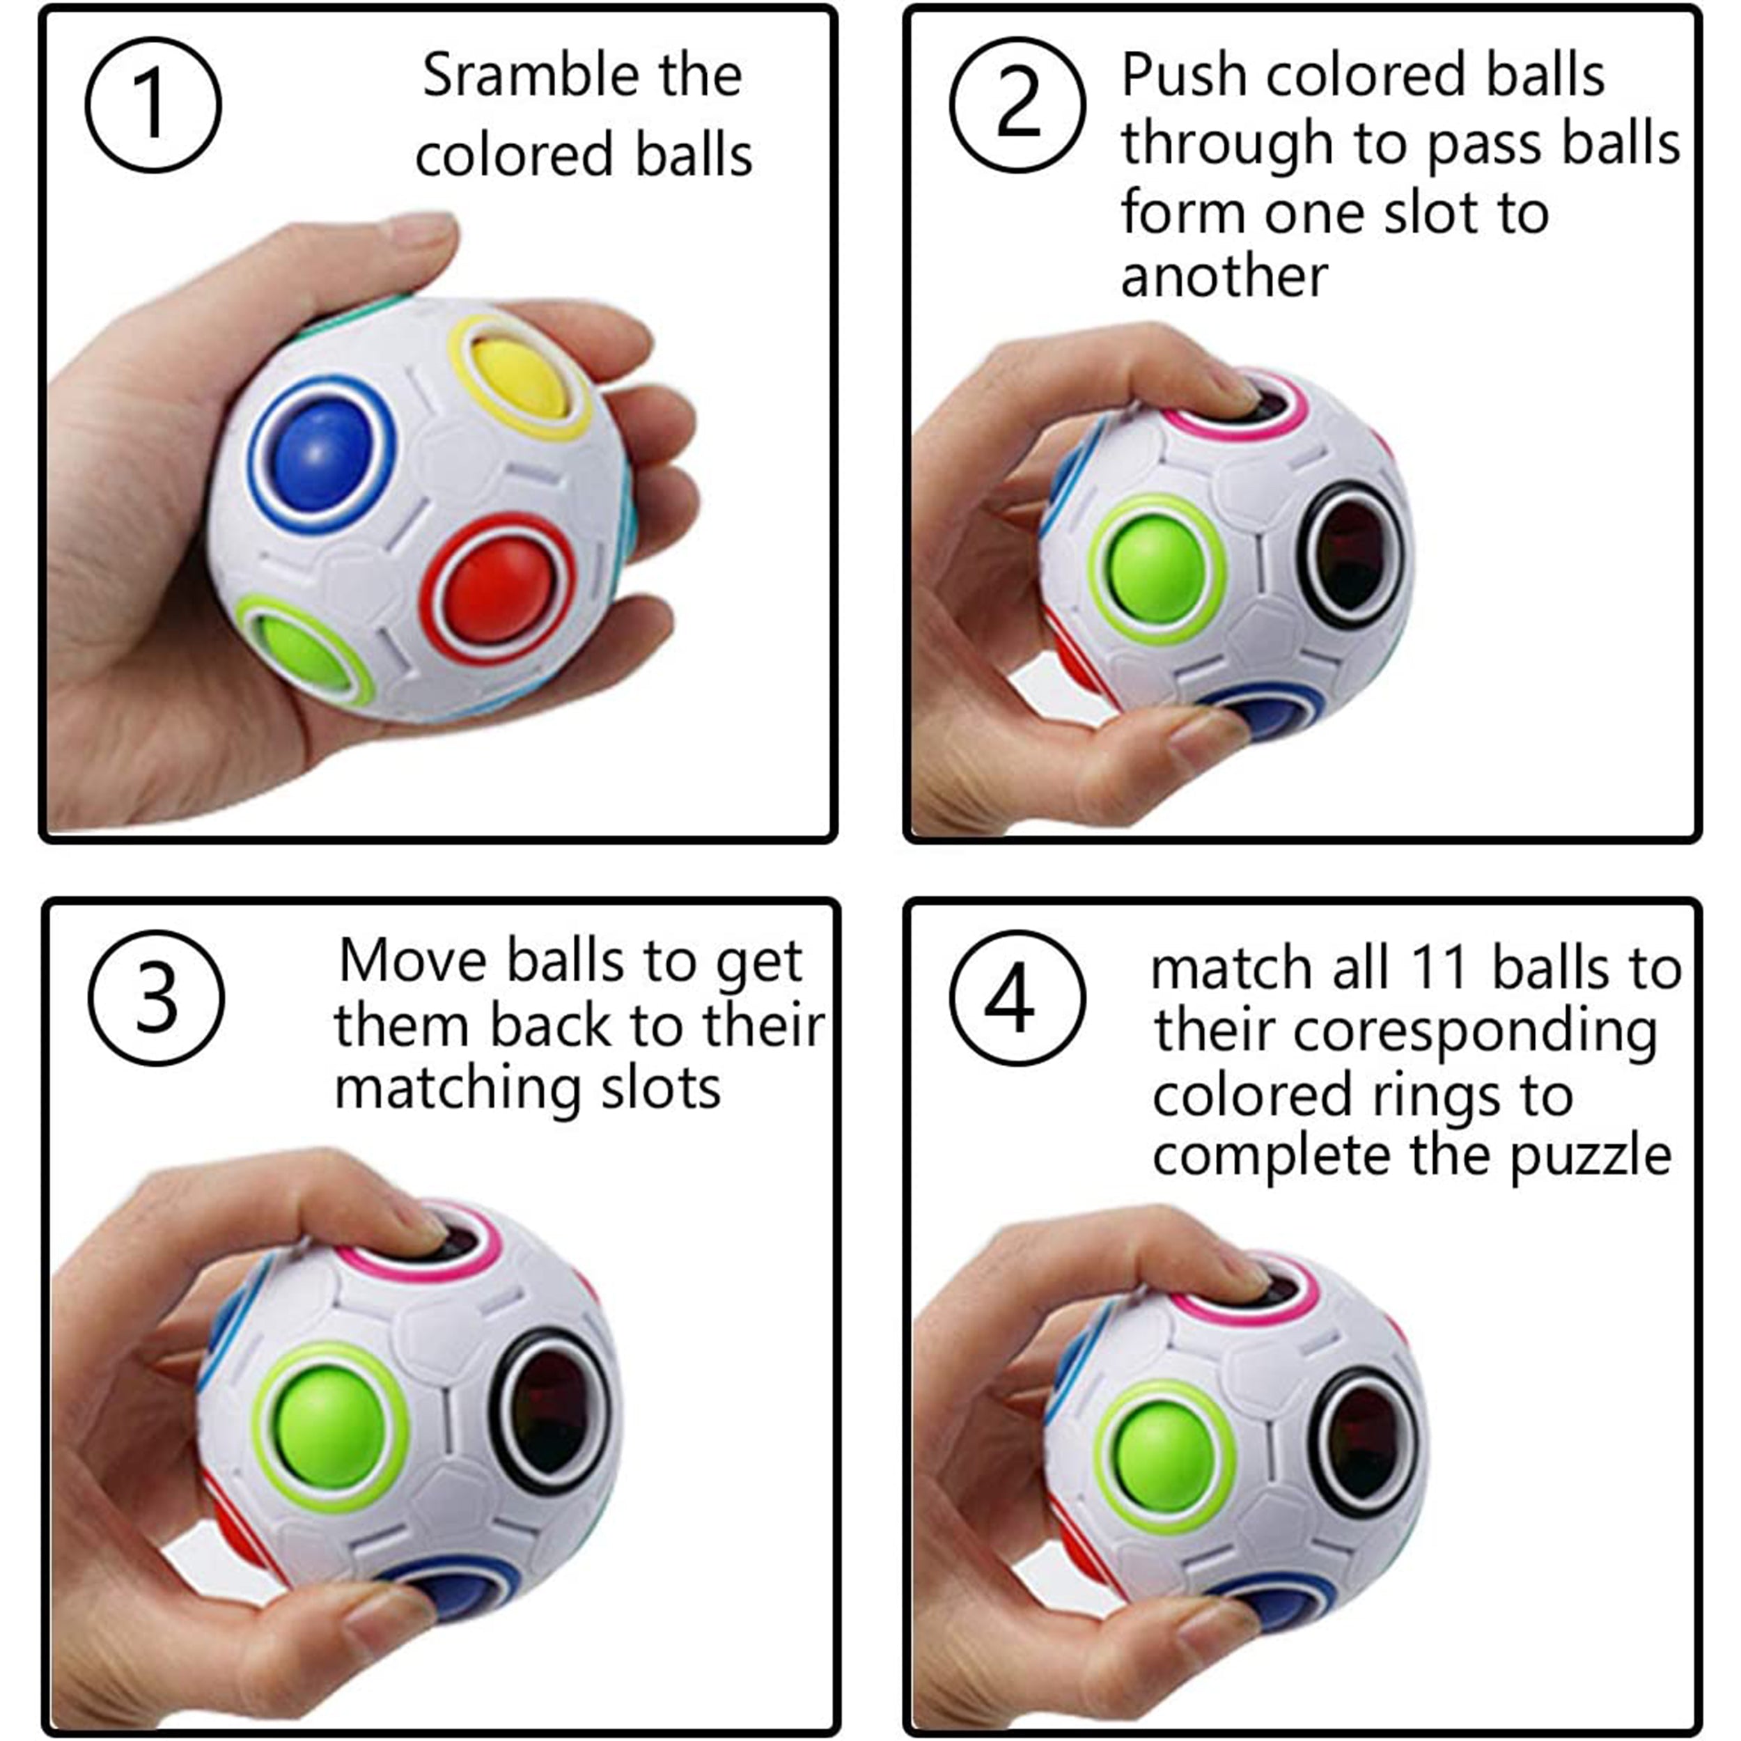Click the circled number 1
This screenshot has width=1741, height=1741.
pyautogui.click(x=153, y=104)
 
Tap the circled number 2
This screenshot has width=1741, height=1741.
pyautogui.click(x=1017, y=104)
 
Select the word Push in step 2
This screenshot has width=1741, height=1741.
pyautogui.click(x=1183, y=76)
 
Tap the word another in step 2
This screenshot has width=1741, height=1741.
pyautogui.click(x=1224, y=276)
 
